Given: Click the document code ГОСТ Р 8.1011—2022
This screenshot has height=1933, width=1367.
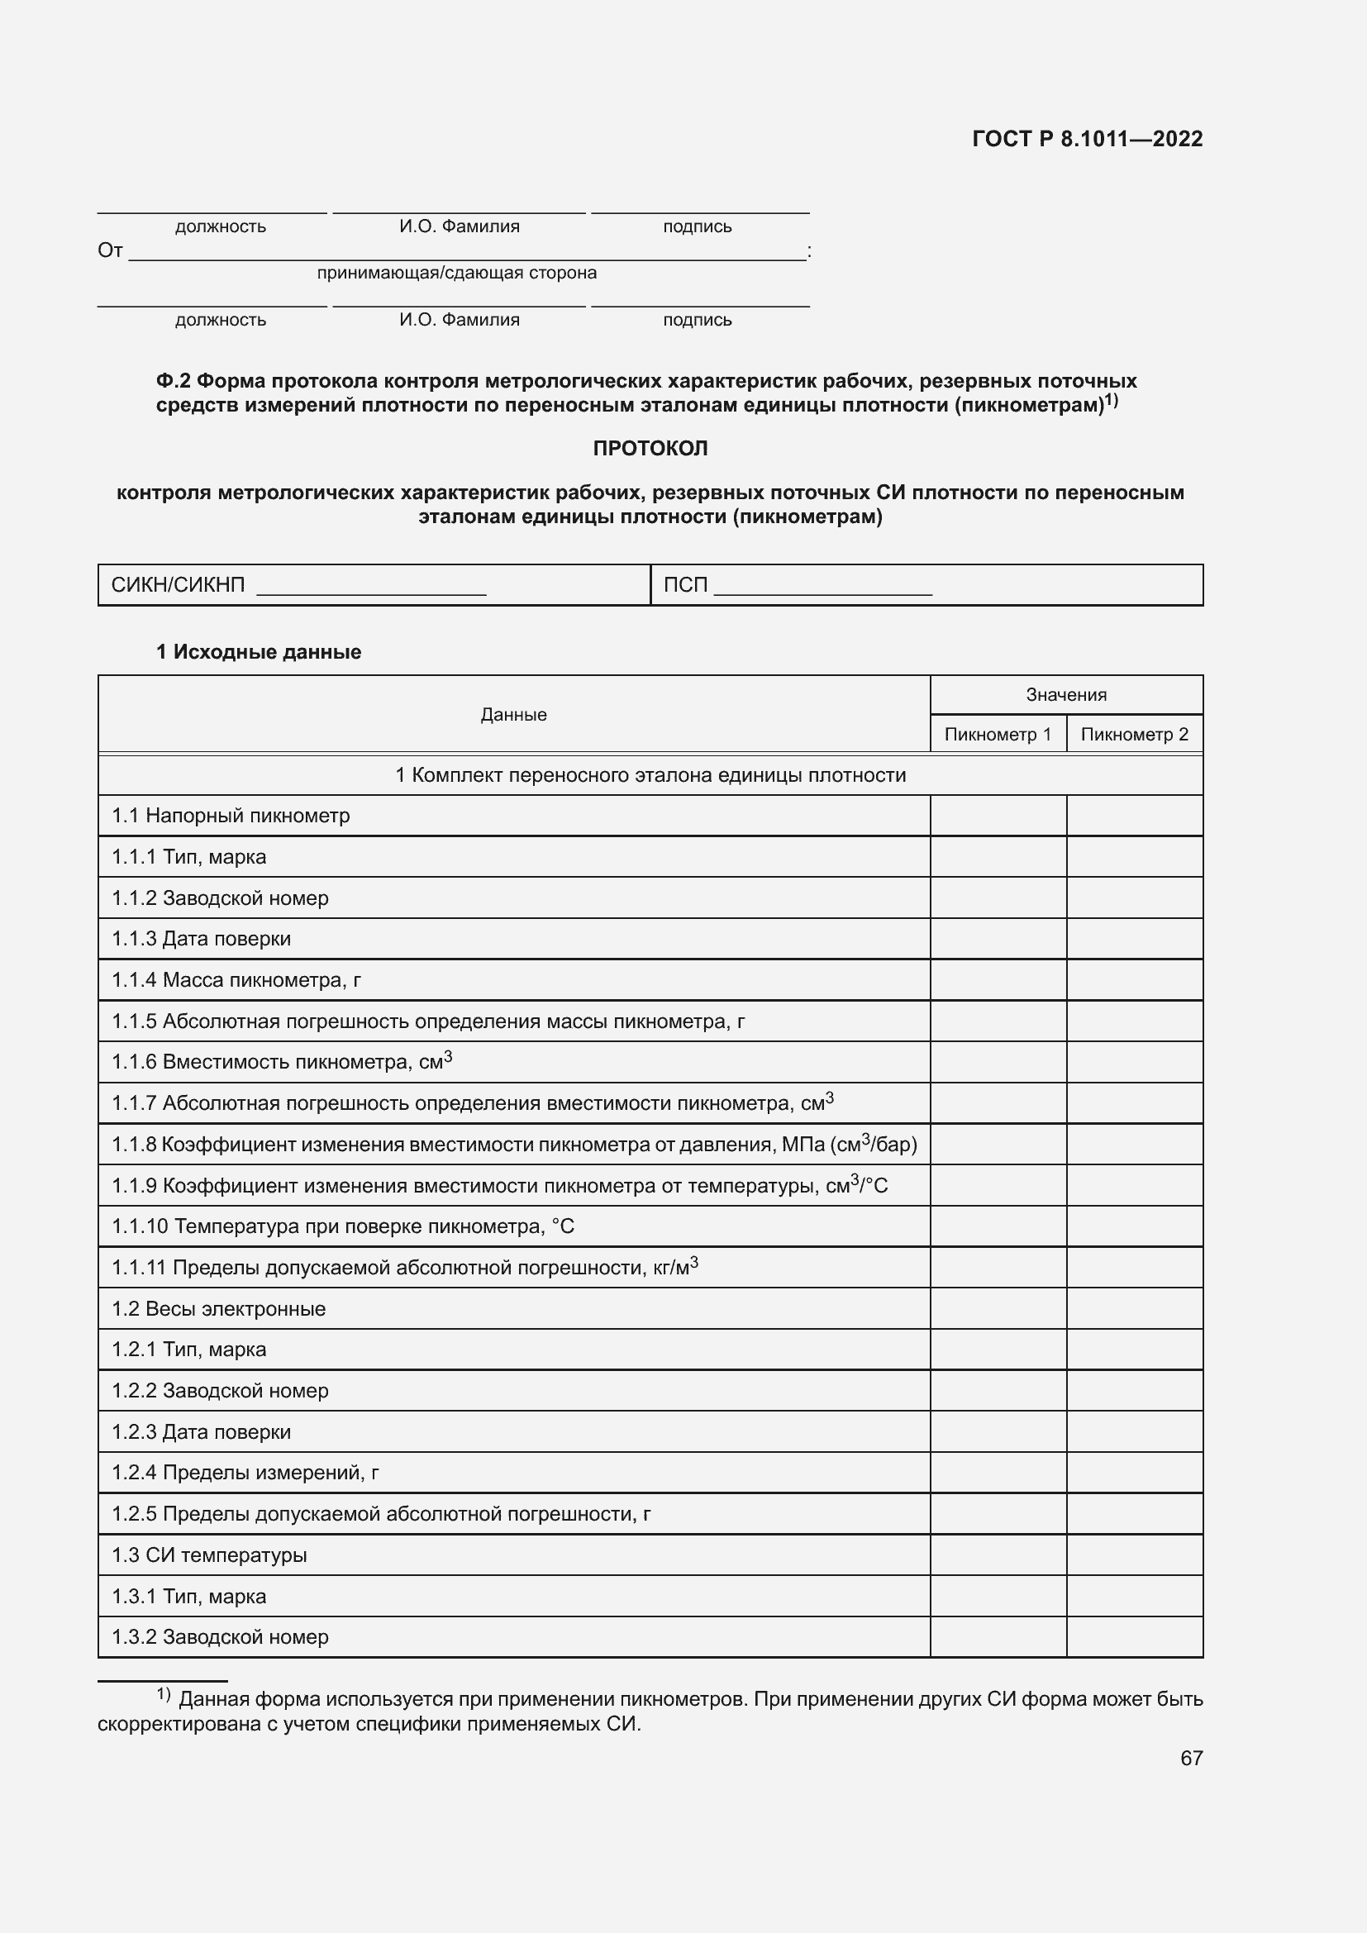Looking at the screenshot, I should click(1087, 139).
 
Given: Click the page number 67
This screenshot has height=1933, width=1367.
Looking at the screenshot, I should click(1191, 1758).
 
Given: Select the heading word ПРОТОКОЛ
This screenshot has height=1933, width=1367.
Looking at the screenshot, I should click(650, 449).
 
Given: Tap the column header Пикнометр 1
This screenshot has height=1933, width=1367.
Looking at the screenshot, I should click(998, 734).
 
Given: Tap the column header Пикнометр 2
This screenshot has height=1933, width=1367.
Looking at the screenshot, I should click(1134, 734).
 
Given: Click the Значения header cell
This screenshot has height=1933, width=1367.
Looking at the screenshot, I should click(1065, 694).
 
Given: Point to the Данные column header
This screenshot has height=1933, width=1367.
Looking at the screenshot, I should click(513, 715).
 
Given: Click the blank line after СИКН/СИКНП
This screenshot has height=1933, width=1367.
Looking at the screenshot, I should click(371, 587).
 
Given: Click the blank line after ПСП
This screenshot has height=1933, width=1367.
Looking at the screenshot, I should click(822, 587).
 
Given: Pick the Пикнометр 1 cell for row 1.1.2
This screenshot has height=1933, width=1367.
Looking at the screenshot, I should click(998, 898).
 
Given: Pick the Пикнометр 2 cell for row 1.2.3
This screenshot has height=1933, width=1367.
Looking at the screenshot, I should click(1134, 1432).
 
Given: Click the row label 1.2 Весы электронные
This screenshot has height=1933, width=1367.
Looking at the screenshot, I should click(219, 1309).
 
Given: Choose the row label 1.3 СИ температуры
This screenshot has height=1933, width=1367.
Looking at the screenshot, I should click(210, 1555).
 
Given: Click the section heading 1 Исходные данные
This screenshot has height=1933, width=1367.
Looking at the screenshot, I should click(259, 653).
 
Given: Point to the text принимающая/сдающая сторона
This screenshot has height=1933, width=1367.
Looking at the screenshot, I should click(456, 273).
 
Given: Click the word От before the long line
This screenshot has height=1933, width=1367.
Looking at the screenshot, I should click(110, 251).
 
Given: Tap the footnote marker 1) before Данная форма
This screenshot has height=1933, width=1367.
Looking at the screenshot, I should click(164, 1694).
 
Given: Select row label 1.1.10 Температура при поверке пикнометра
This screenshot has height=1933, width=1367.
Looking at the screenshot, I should click(343, 1226).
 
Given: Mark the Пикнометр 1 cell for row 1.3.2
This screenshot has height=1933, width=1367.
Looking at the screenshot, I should click(998, 1636).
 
